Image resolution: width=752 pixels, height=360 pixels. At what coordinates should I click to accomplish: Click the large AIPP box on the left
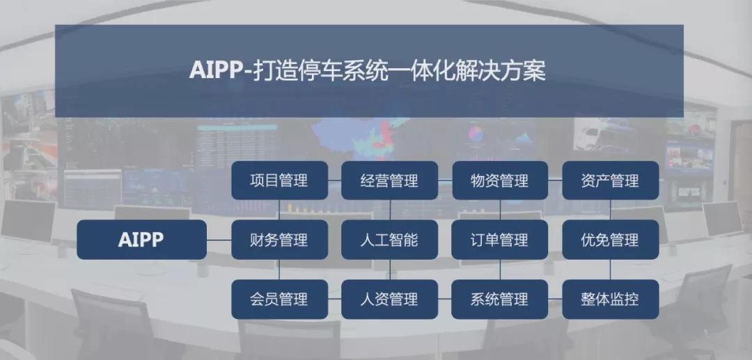coord(141,240)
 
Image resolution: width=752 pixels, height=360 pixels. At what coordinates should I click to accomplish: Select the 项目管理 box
coord(280,180)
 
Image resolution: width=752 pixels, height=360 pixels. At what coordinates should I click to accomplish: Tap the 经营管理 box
coord(389,180)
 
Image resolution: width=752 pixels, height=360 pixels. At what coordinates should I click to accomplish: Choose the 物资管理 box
coord(500,180)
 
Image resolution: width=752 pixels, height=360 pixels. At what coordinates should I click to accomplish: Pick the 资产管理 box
coord(610,180)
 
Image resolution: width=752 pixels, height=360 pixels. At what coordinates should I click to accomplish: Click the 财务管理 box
coord(280,240)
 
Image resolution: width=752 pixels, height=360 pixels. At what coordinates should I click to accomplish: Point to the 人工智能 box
coord(389,240)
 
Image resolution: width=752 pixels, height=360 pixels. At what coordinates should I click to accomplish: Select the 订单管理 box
coord(500,240)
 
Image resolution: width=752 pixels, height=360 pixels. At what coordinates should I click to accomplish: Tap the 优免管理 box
coord(610,240)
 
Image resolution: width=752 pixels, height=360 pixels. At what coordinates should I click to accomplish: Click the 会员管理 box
coord(280,299)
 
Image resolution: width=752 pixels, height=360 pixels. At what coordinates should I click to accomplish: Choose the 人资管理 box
coord(389,299)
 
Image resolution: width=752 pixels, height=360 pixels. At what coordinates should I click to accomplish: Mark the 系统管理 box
coord(500,299)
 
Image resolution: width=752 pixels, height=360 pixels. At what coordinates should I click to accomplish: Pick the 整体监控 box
coord(610,299)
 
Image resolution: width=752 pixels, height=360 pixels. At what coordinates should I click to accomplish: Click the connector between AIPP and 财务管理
coord(219,240)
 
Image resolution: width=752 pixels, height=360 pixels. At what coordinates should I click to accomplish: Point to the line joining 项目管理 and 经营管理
coord(335,180)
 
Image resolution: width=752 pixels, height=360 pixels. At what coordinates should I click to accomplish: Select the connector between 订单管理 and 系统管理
coord(500,269)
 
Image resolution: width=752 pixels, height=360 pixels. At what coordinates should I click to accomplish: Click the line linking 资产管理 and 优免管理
coord(610,210)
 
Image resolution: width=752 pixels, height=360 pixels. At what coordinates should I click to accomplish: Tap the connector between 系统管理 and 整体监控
coord(555,299)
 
